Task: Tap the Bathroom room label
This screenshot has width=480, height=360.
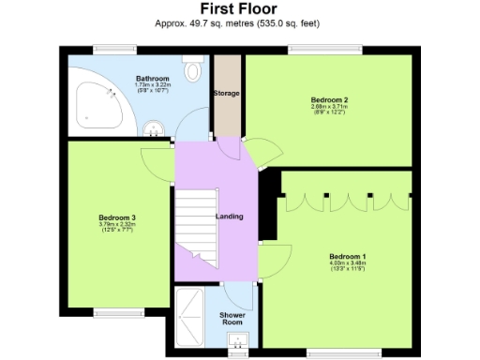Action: tap(152, 78)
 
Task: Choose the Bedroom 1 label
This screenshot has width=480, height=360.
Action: tap(347, 257)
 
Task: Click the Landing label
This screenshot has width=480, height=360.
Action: tap(230, 217)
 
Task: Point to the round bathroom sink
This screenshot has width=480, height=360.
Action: tap(157, 124)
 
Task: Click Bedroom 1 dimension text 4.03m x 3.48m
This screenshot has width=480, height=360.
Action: tap(347, 264)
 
